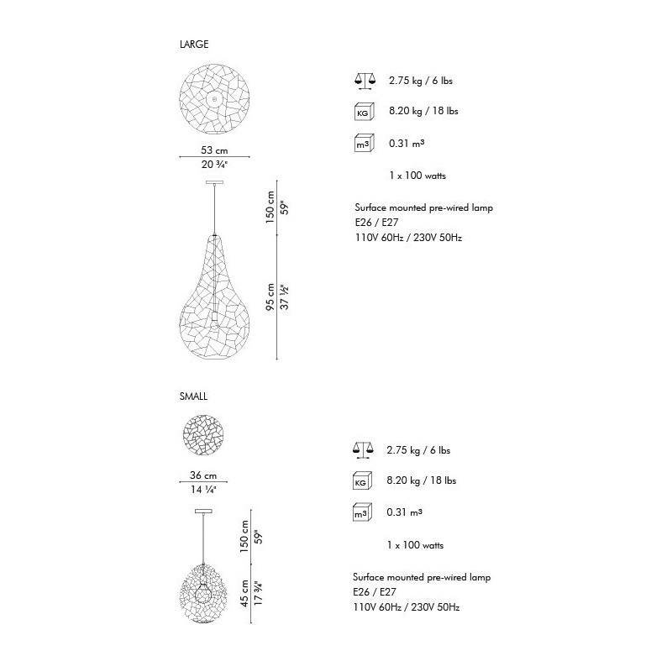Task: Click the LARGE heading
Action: [x=194, y=45]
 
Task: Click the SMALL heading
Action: [x=193, y=396]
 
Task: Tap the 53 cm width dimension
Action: [x=214, y=150]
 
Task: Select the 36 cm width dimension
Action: [x=203, y=475]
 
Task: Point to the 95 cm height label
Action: [x=270, y=297]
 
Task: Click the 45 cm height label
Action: [x=244, y=593]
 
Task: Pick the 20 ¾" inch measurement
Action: [x=214, y=165]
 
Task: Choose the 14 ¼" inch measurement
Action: [x=203, y=490]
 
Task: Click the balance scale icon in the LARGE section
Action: [x=365, y=81]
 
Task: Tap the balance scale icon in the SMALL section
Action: [x=363, y=450]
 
